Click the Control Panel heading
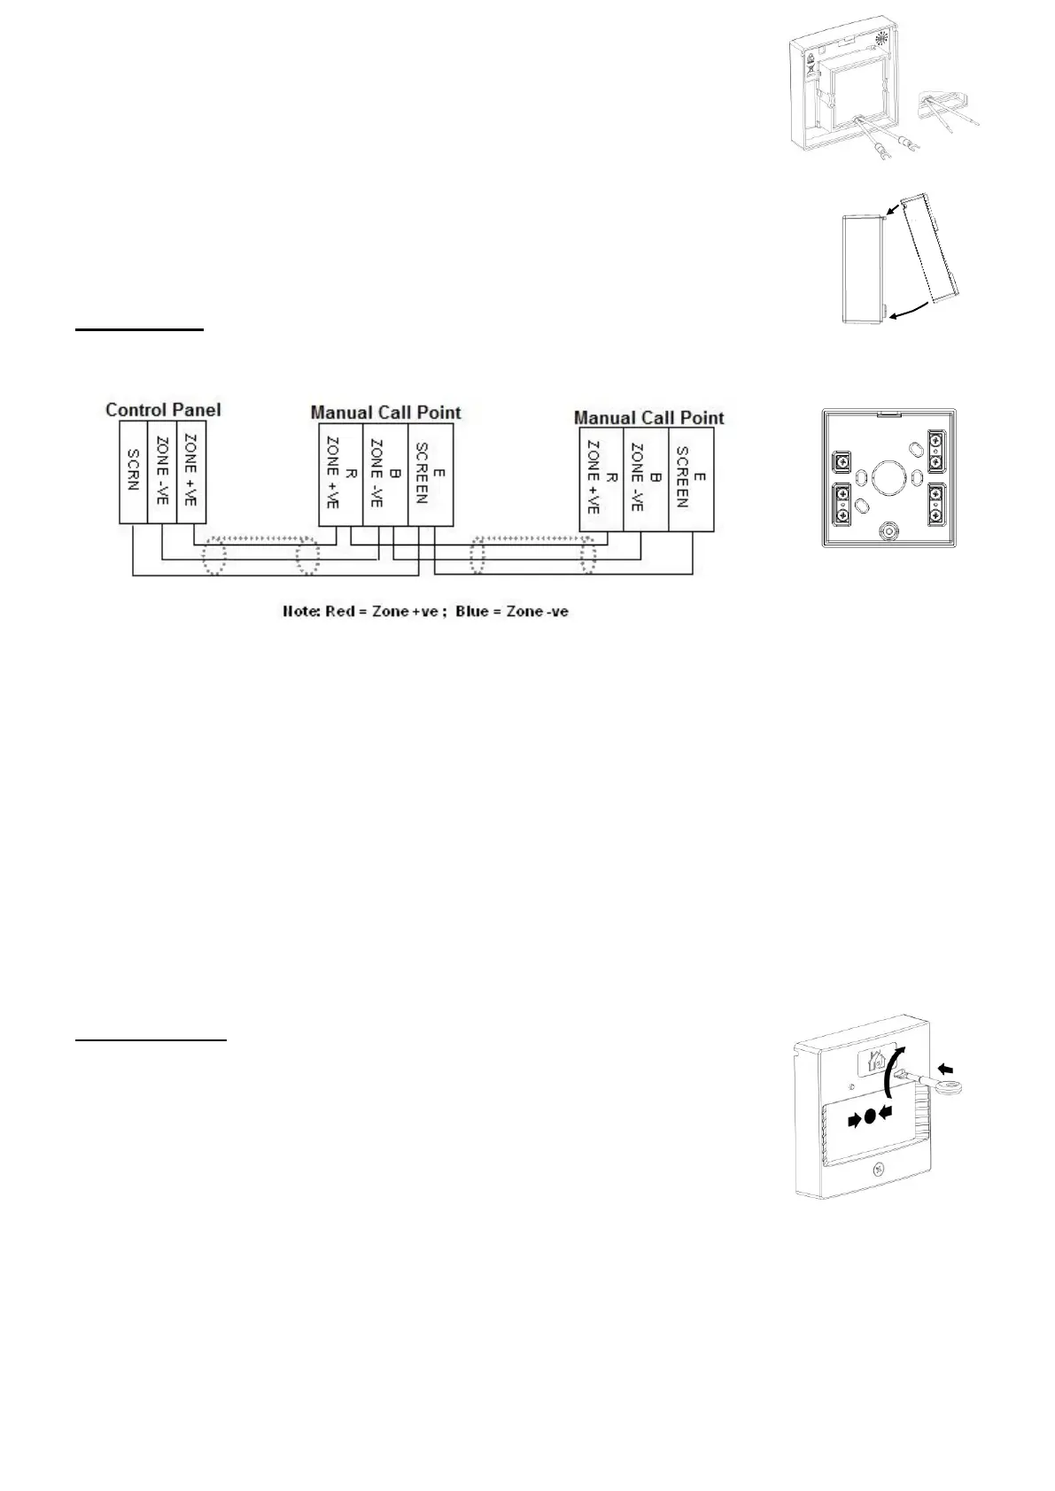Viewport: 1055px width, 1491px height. coord(163,409)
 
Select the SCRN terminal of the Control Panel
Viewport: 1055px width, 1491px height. coord(133,472)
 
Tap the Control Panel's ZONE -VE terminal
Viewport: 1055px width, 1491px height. coord(162,472)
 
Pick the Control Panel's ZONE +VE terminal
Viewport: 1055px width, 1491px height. coord(191,472)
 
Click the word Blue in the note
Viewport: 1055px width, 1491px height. coord(471,612)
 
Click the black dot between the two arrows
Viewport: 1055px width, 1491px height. coord(870,1116)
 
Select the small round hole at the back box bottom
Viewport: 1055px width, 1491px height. coord(888,532)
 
